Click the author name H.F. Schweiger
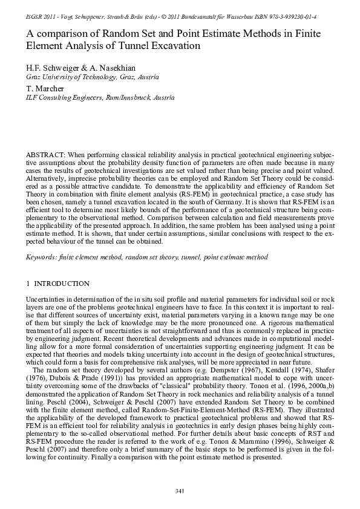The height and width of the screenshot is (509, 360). (x=54, y=68)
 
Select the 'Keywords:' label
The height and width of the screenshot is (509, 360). (x=41, y=257)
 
